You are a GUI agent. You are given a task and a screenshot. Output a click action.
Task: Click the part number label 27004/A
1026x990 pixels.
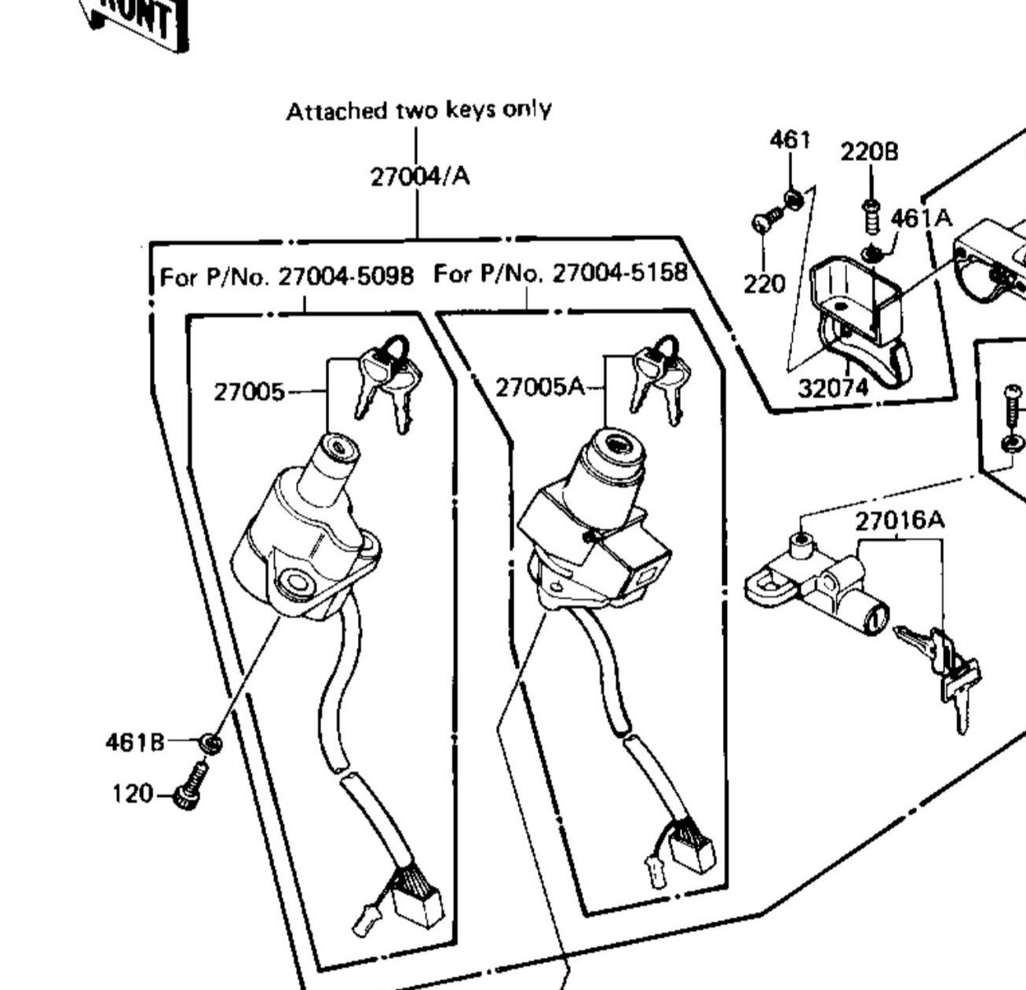(420, 177)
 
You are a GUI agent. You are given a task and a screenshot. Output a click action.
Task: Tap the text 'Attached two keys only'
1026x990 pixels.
(418, 111)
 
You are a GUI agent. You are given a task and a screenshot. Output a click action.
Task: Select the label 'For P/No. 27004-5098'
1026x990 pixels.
(287, 276)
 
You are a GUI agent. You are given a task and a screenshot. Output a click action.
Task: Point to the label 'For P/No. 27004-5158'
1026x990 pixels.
(560, 273)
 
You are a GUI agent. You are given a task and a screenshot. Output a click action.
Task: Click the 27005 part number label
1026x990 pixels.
(249, 392)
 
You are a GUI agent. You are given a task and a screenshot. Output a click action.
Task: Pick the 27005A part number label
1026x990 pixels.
(540, 386)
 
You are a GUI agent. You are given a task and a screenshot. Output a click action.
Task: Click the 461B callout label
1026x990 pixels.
(134, 741)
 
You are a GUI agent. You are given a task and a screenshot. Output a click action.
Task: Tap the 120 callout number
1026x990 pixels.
(132, 794)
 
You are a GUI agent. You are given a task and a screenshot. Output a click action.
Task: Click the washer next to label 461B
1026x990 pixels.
(209, 743)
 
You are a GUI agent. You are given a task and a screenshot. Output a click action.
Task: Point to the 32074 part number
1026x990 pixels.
(834, 388)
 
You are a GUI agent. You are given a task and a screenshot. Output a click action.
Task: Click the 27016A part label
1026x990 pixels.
(900, 521)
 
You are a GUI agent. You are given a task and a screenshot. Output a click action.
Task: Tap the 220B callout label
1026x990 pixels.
(869, 152)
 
